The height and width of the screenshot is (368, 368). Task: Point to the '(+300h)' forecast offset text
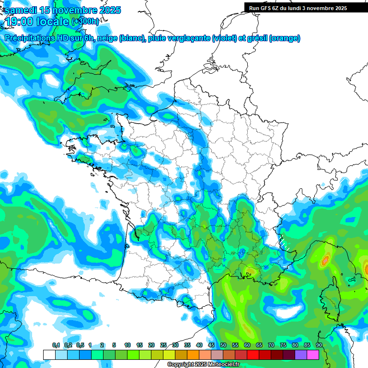click(85, 22)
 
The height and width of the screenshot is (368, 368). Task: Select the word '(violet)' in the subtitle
click(224, 38)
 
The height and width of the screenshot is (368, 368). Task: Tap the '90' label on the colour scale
click(319, 345)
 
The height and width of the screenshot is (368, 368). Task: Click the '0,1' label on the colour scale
click(56, 345)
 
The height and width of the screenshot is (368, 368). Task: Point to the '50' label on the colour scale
click(223, 345)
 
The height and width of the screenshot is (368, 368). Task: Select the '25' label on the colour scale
click(163, 345)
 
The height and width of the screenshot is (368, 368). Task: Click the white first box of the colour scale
click(49, 355)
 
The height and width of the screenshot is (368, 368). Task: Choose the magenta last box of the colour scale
click(312, 355)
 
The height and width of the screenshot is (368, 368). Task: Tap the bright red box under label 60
click(253, 355)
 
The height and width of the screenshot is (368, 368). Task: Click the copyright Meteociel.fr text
click(203, 365)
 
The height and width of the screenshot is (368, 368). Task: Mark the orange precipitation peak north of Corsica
click(325, 260)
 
